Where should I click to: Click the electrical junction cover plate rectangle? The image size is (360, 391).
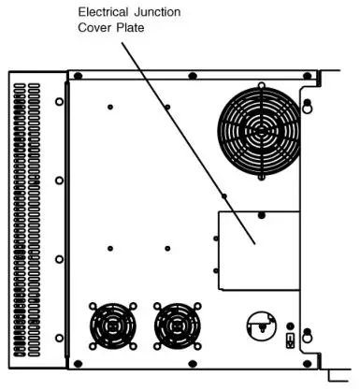click(257, 250)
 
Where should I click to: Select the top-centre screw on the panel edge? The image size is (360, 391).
click(192, 74)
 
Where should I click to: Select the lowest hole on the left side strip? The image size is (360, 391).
click(58, 337)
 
